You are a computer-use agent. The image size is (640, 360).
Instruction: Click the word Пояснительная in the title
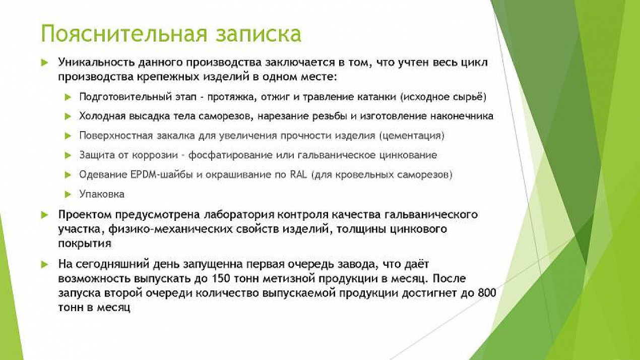pos(123,34)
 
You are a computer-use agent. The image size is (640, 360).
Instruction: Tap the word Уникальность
pos(97,63)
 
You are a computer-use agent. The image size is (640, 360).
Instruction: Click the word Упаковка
pos(102,194)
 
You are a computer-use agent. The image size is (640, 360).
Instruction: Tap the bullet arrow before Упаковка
pos(68,195)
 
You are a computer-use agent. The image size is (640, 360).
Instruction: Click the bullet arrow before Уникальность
pos(44,63)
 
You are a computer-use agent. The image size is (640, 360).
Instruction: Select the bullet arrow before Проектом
pos(44,215)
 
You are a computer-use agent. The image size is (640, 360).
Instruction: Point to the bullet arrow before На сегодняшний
pos(44,264)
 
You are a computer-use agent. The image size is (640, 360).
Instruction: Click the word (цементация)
pos(412,136)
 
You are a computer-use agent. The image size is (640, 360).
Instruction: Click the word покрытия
pos(85,244)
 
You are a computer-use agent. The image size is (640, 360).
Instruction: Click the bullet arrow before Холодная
pos(68,116)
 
